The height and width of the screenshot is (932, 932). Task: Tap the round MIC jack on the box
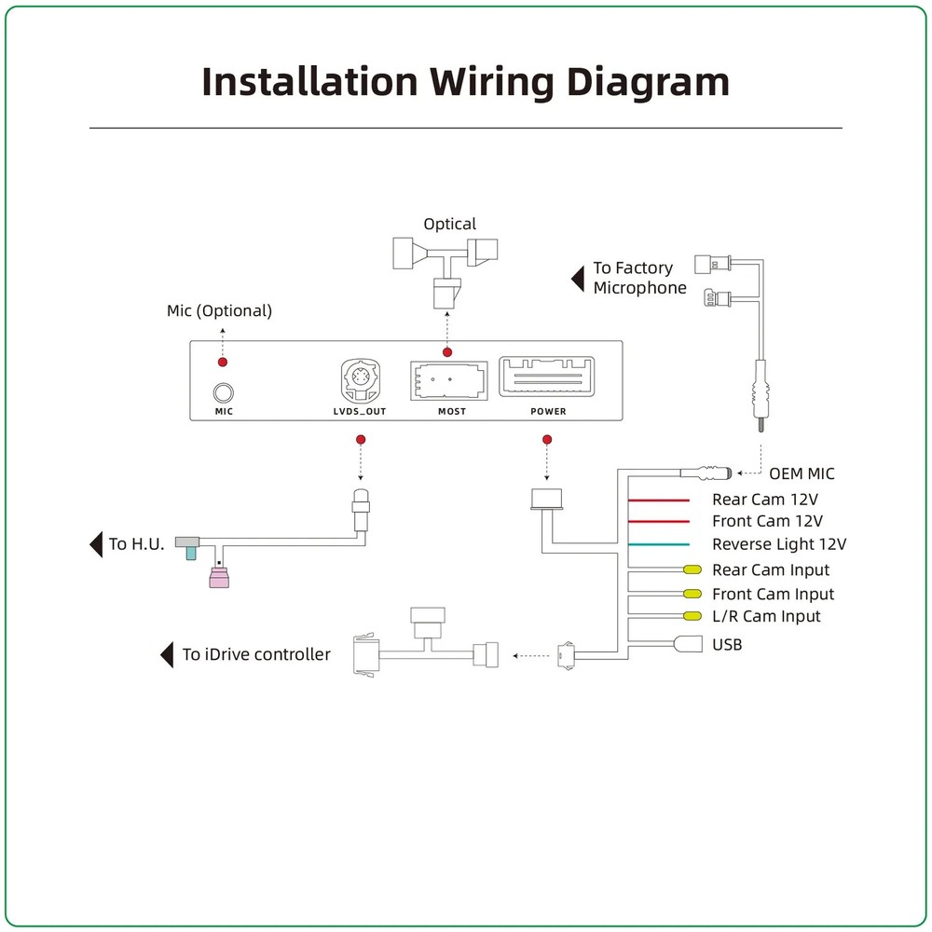(224, 392)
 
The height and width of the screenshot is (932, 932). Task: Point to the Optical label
(449, 224)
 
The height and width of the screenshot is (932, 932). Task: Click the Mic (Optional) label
(219, 310)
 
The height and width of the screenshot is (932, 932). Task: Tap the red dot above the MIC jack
(223, 362)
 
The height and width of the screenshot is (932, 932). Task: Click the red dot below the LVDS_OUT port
(361, 439)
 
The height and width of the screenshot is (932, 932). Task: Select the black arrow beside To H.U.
(96, 543)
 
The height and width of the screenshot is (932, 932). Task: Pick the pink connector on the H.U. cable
(219, 582)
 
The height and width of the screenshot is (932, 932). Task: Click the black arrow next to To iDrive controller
(168, 654)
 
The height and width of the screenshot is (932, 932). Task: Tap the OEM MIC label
(802, 473)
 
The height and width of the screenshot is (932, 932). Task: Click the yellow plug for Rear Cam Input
(692, 569)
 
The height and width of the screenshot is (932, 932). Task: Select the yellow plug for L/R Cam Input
(692, 616)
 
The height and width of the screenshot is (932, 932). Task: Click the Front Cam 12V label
(767, 522)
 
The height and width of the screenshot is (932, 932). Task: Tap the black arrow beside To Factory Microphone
(578, 278)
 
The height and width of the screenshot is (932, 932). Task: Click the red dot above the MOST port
(447, 352)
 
